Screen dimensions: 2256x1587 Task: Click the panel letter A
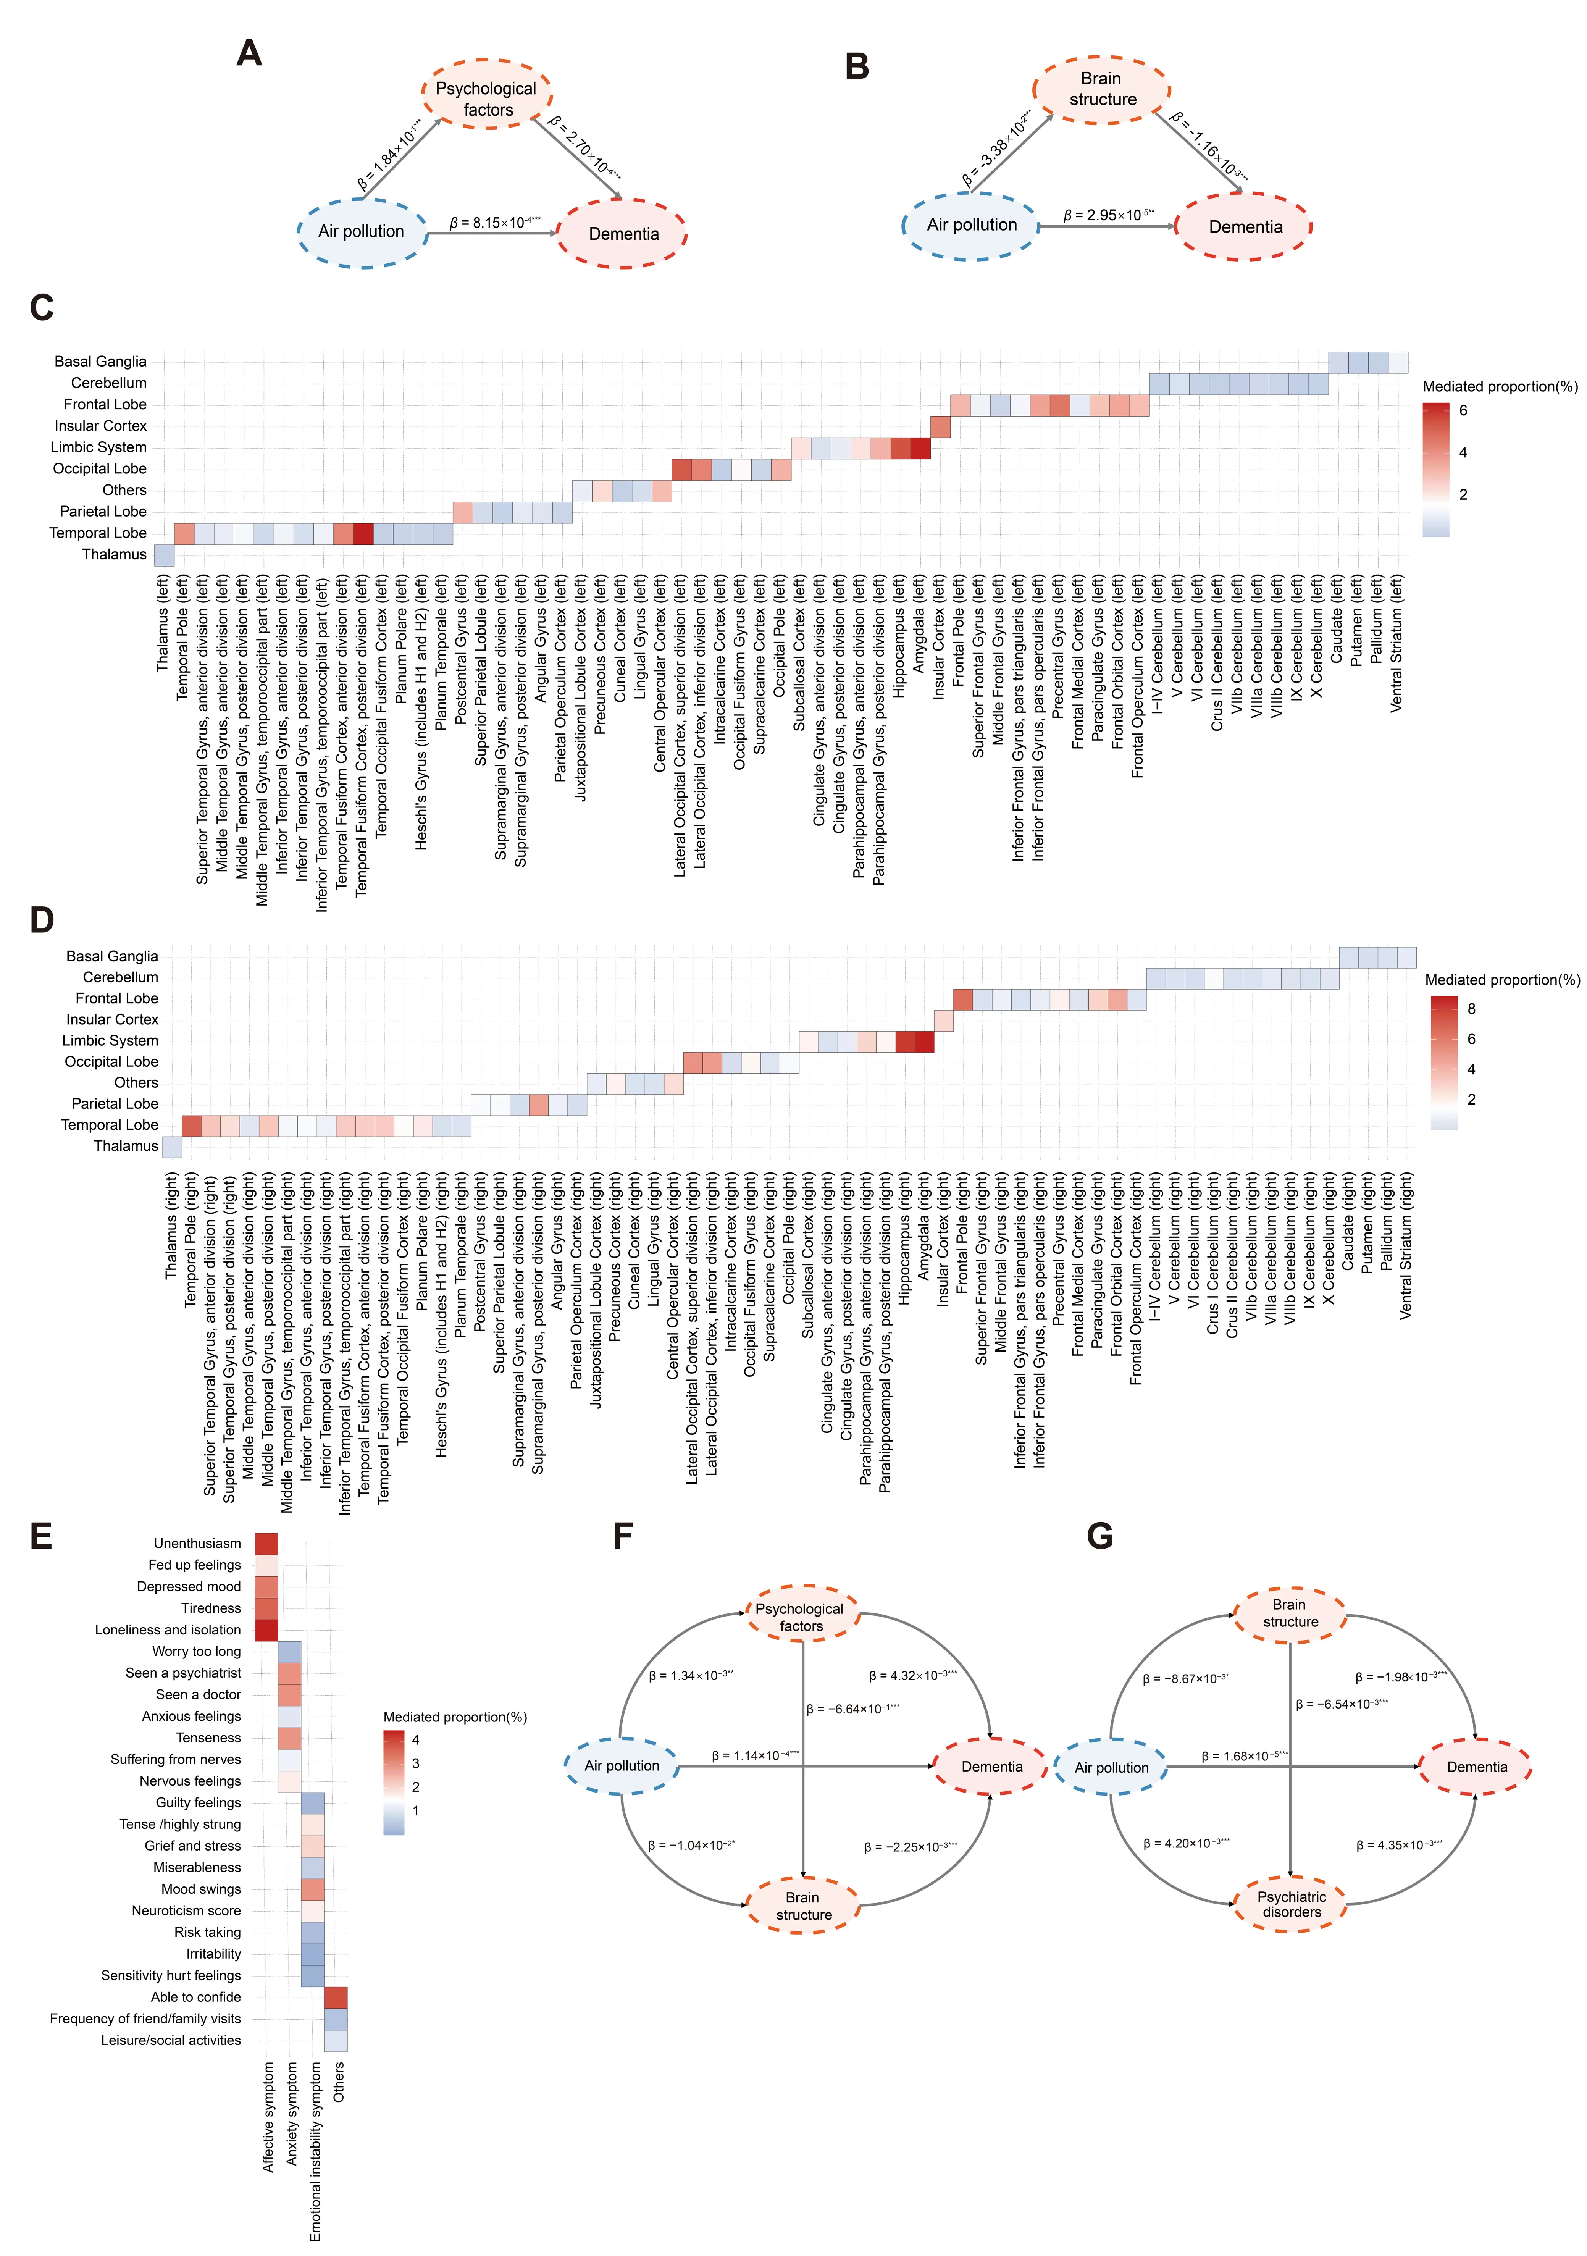[250, 53]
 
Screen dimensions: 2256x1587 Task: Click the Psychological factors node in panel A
[488, 98]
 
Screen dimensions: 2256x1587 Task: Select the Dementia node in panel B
[1245, 227]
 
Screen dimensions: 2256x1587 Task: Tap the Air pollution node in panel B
[971, 225]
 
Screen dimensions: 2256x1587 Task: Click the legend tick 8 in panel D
[1471, 1008]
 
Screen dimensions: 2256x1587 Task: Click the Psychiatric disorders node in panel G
[1291, 1904]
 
